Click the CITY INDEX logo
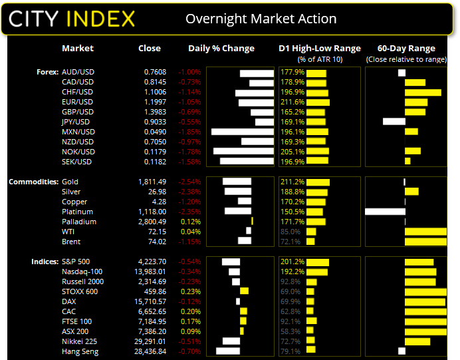[72, 18]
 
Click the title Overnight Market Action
[261, 19]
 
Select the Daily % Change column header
[221, 49]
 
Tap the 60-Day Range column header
[406, 49]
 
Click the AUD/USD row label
[78, 72]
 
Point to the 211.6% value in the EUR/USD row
[292, 102]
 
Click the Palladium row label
[78, 222]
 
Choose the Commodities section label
[31, 182]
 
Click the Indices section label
[43, 262]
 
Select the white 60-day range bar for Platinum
[385, 212]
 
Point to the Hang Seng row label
[79, 351]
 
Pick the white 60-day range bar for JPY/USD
[394, 122]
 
